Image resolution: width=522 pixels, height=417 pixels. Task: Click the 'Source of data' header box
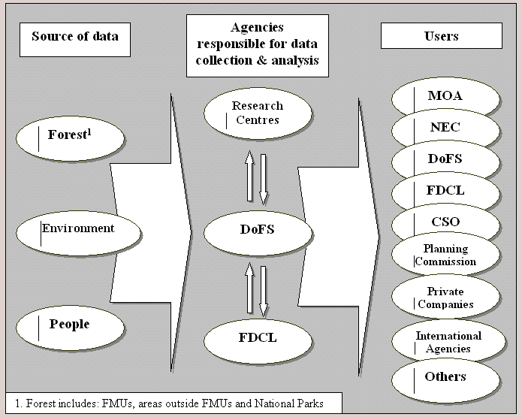[74, 36]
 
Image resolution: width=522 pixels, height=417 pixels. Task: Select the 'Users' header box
[441, 36]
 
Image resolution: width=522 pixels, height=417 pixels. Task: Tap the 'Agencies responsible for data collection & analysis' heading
[258, 45]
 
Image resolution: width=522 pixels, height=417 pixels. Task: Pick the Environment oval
[79, 229]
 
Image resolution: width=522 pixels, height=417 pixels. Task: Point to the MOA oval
[445, 97]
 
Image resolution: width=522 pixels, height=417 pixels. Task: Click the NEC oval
[445, 128]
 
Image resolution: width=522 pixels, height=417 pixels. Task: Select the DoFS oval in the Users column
[445, 159]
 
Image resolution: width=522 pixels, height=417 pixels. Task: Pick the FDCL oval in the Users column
[445, 191]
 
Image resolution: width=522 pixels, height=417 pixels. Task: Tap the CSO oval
[445, 222]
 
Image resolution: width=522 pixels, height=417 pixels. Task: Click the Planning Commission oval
[445, 255]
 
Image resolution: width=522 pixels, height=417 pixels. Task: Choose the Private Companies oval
[445, 298]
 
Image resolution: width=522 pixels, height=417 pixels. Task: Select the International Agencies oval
[445, 342]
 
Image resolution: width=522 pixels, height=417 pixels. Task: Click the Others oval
[445, 377]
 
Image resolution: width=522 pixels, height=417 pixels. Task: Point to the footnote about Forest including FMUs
[173, 403]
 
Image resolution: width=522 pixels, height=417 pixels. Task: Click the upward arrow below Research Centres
[250, 176]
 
